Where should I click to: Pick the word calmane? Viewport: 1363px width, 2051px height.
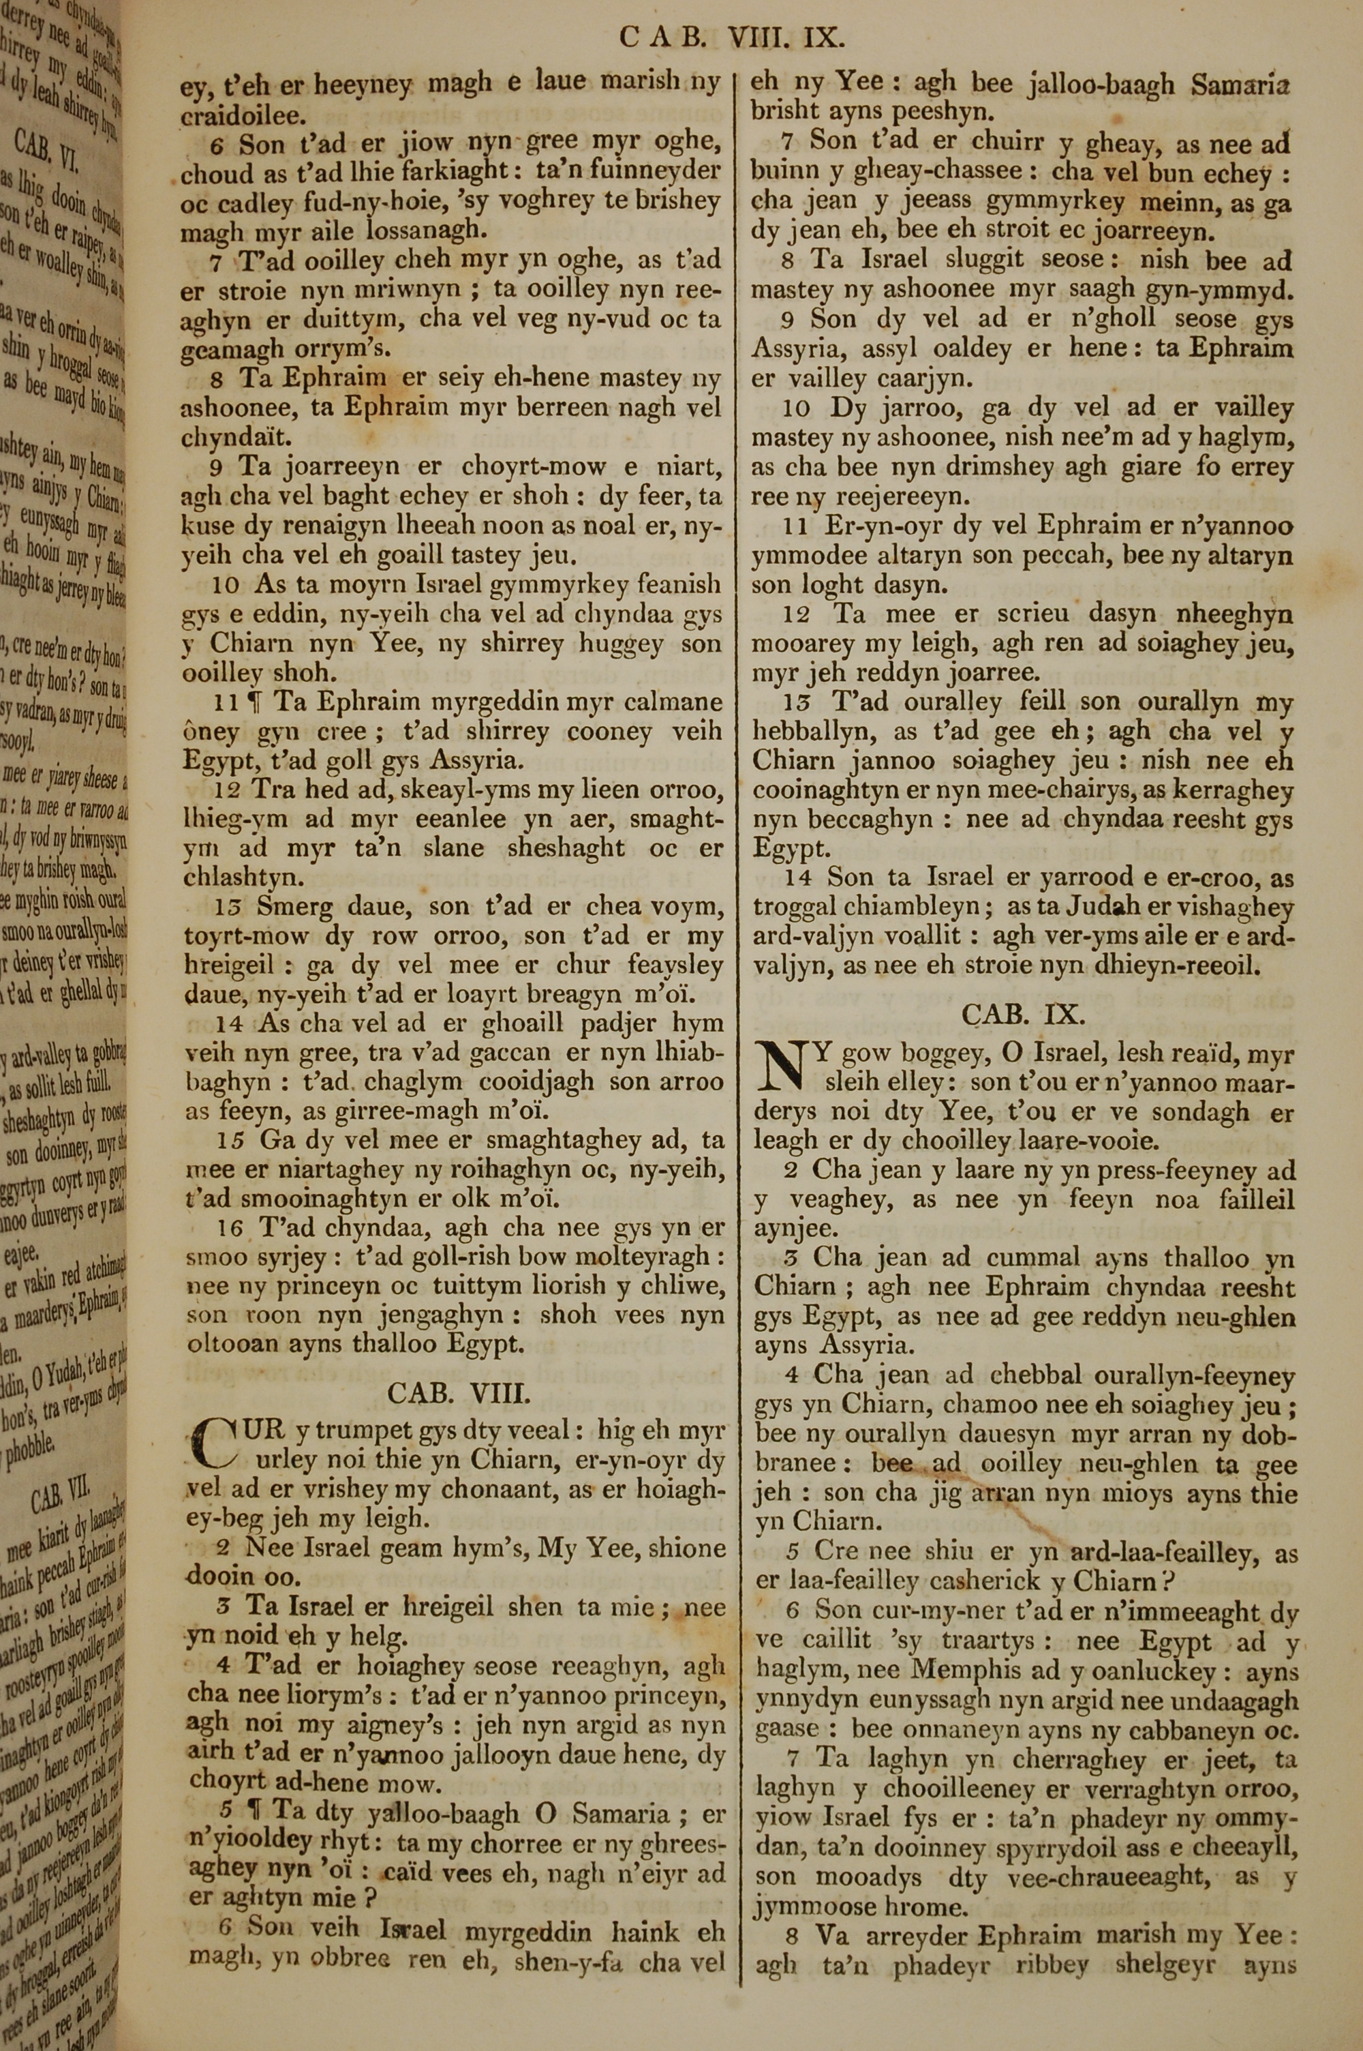click(x=675, y=702)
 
